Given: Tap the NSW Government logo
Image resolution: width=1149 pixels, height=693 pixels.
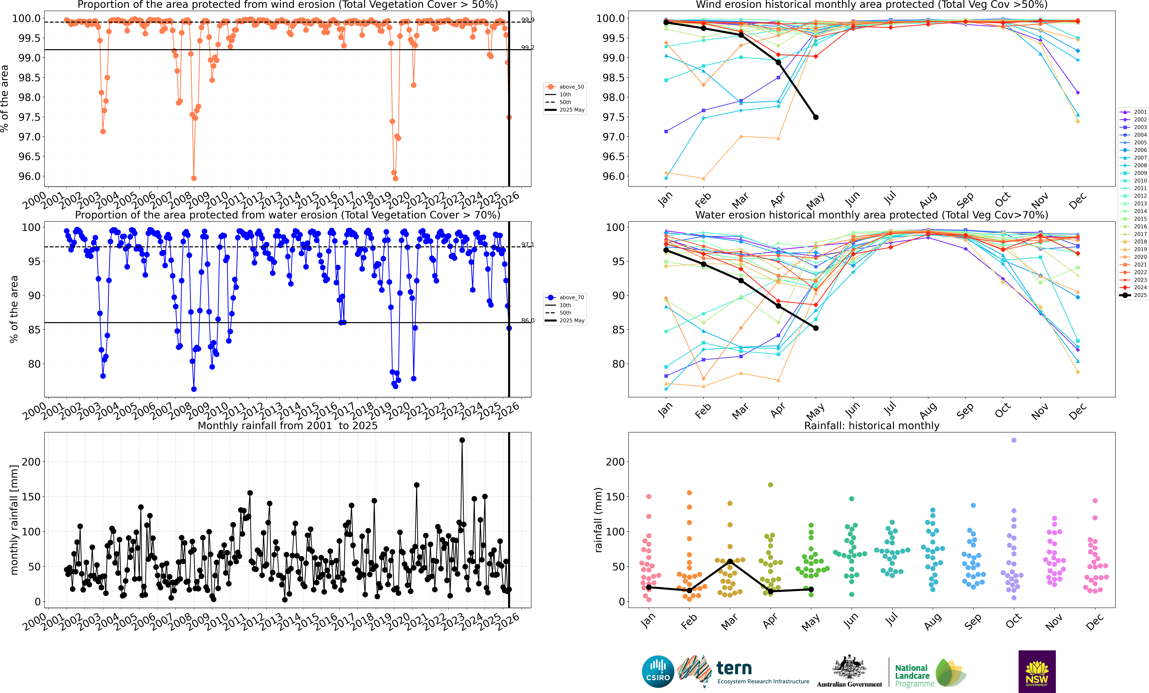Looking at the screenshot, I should coord(1037,671).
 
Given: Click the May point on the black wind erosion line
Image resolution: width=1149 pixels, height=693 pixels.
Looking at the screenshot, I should coord(816,117).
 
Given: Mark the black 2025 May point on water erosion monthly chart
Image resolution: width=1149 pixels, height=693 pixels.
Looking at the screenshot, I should coord(816,328).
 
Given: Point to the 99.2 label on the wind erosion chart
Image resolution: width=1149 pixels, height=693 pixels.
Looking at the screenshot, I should coord(527,47).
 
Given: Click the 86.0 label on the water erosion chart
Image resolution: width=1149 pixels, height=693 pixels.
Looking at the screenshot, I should coord(527,321).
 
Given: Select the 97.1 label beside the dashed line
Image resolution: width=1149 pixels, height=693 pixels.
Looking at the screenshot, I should coord(527,245).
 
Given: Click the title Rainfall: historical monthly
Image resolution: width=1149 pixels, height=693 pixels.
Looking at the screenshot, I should coord(872,426).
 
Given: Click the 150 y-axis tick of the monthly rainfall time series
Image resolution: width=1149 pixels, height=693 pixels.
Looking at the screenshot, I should coord(31,497).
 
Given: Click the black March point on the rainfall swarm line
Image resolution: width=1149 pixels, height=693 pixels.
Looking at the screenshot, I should coord(730,561).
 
